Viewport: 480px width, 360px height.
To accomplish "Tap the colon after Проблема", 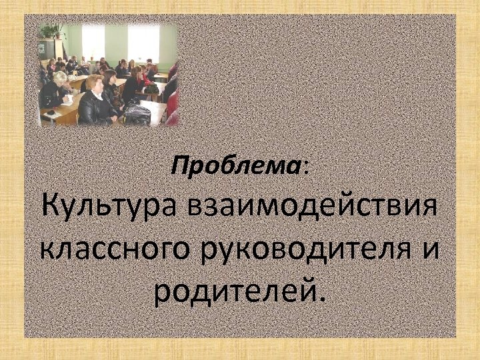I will pos(306,167).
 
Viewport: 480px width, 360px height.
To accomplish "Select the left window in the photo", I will pos(93,42).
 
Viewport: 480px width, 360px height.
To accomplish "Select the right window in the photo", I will pos(143,42).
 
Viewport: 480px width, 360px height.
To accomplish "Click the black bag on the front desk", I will pos(137,115).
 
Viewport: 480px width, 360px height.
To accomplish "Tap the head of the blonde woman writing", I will pos(59,77).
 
